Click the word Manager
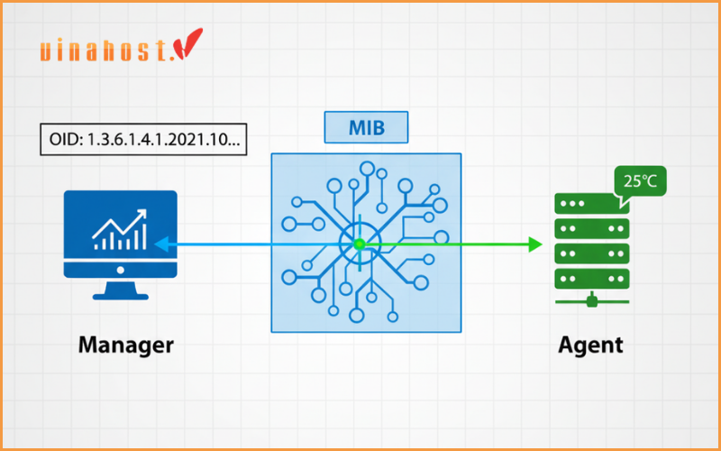click(125, 345)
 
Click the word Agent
click(590, 345)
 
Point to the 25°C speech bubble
click(639, 182)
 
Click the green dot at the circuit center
click(359, 244)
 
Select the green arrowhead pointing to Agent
click(534, 244)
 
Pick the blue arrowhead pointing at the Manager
click(160, 244)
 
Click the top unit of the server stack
click(590, 203)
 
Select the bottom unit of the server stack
click(590, 274)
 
